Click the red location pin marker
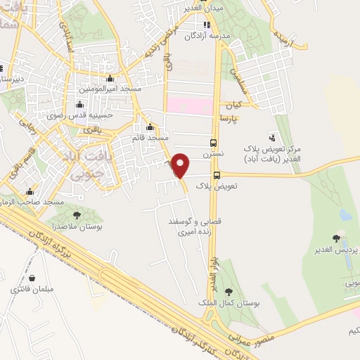(x=181, y=165)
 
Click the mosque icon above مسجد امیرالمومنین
(x=110, y=79)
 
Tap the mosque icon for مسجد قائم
(x=149, y=127)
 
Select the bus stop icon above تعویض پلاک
(x=216, y=175)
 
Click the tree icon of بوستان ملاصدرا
(x=77, y=216)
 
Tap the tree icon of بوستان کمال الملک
(x=228, y=291)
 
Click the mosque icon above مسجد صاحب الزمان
(x=30, y=191)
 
